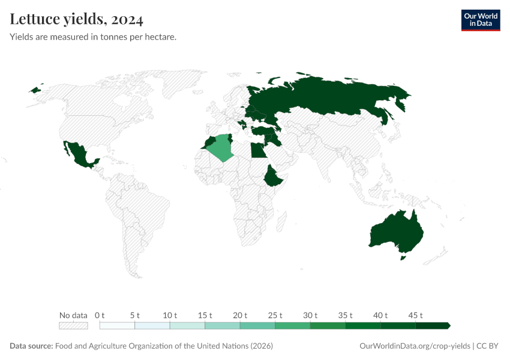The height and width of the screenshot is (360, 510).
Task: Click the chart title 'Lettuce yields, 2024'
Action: tap(77, 20)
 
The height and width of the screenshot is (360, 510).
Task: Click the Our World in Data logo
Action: tap(480, 20)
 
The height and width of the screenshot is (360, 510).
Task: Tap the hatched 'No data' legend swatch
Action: tap(73, 326)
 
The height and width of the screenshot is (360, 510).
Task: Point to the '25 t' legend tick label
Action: tap(275, 315)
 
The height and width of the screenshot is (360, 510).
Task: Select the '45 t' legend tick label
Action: tap(416, 315)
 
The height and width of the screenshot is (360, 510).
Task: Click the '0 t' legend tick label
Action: tap(100, 315)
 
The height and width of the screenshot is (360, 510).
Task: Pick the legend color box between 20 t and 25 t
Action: tap(257, 326)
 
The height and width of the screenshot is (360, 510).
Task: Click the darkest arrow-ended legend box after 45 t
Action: tap(433, 326)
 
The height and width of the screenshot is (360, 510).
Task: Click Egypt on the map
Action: tap(259, 150)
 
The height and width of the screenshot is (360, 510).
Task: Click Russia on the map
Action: tap(336, 96)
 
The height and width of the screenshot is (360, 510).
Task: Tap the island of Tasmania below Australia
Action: tap(403, 257)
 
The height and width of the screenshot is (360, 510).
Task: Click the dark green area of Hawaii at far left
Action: tap(35, 90)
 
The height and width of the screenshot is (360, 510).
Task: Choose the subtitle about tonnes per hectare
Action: tap(93, 37)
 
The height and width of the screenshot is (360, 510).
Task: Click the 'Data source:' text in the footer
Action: tap(31, 346)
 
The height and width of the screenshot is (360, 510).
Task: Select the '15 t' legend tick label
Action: tap(205, 315)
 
